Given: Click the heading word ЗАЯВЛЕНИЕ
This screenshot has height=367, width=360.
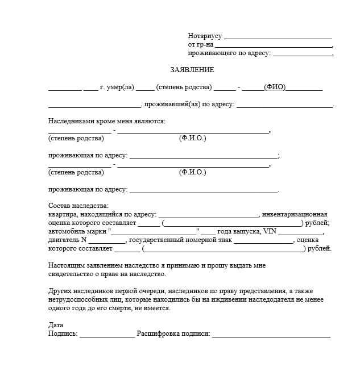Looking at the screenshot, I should (x=192, y=70).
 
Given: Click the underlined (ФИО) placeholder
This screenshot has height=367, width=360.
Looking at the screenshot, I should (x=275, y=87).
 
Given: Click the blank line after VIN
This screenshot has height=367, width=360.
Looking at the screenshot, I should (x=300, y=233).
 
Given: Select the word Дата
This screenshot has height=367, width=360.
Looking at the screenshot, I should (x=56, y=325).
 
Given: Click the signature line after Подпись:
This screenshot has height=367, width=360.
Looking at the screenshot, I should (x=107, y=335).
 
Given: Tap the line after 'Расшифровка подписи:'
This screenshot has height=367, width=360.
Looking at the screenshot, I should (x=271, y=335).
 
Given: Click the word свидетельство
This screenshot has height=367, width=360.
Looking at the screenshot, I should (x=72, y=274).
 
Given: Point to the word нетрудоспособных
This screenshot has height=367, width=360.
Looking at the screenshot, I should (x=78, y=299).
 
